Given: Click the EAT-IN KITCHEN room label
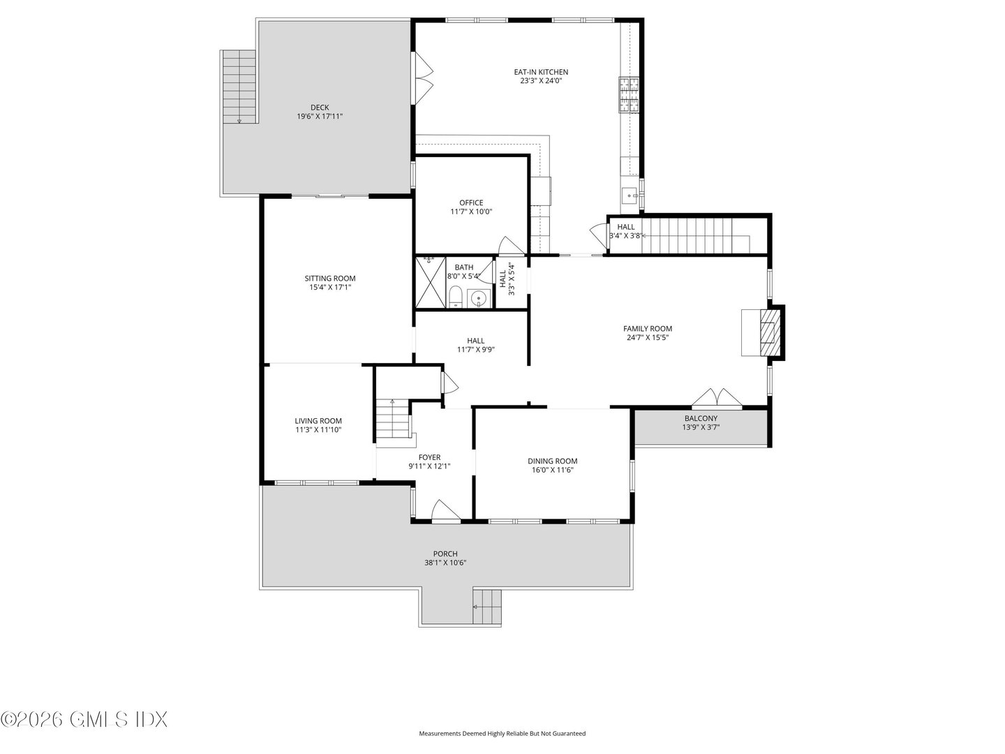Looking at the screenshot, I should click(541, 72).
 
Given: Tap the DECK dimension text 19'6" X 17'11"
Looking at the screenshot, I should click(320, 117).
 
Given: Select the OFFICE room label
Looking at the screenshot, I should click(471, 203).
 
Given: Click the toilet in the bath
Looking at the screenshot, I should click(454, 297).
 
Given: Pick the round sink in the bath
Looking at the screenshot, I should click(478, 299).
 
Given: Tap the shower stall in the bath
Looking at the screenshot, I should click(429, 282).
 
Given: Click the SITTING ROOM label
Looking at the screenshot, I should click(330, 278).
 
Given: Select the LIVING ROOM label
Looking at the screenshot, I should click(318, 421).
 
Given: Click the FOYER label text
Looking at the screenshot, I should click(429, 457).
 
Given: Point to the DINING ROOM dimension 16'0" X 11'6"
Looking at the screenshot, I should click(552, 471).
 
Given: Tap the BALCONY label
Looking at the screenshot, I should click(701, 418).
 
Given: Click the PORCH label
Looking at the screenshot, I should click(445, 554).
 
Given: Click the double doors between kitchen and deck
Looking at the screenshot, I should click(424, 78).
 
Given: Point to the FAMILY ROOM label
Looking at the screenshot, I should click(648, 328).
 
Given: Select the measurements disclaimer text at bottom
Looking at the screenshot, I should click(502, 734).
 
